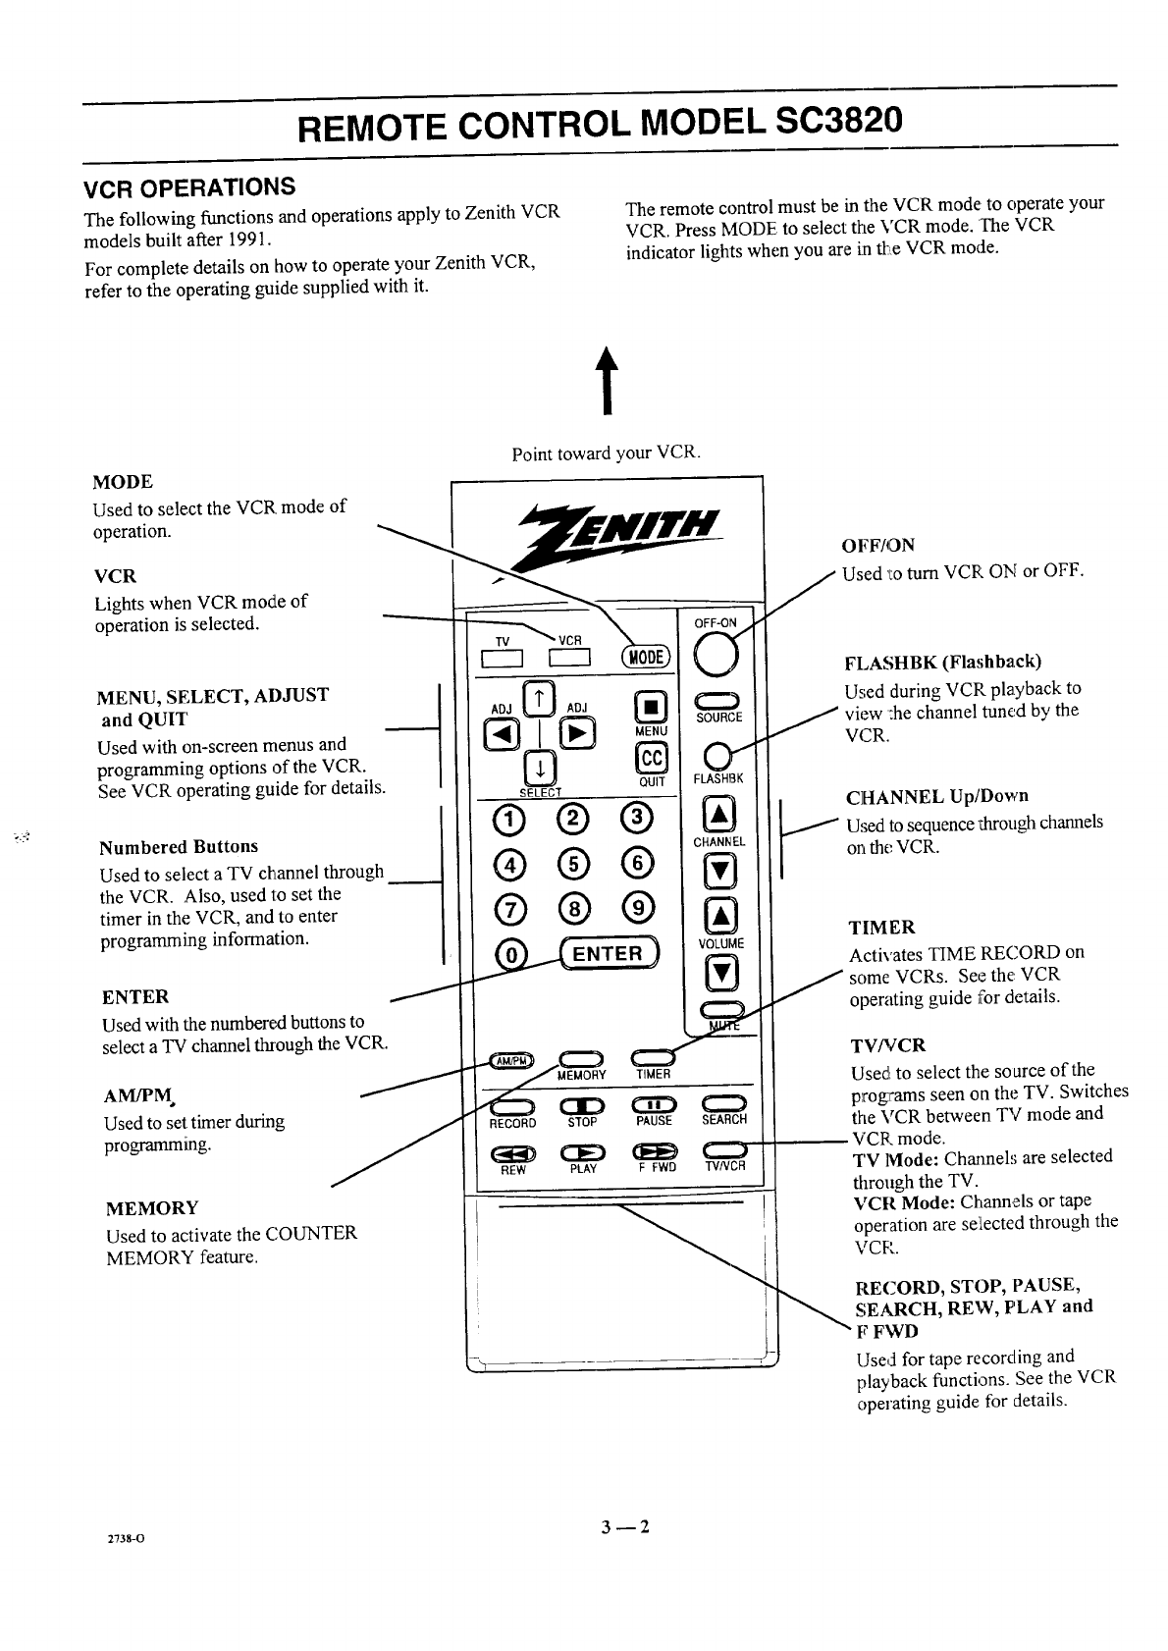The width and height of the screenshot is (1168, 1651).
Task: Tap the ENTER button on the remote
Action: coord(609,953)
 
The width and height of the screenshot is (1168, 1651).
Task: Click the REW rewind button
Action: coord(511,1152)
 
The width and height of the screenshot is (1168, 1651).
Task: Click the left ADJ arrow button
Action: coord(501,734)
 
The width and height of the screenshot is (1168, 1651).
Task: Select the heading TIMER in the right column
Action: coord(881,928)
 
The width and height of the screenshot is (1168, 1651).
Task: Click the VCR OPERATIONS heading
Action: coord(188,186)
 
